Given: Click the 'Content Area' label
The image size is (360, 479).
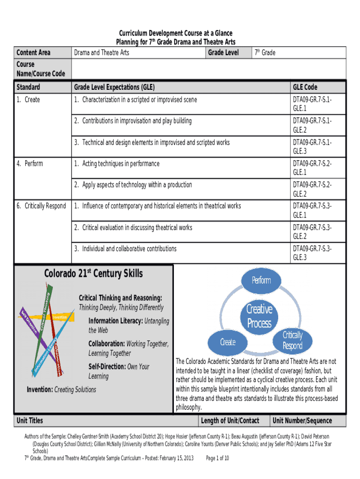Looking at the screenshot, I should pos(33,53).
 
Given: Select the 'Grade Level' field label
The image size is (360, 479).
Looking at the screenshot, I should pos(223,53).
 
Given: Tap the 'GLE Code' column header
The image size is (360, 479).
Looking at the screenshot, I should pos(305,87).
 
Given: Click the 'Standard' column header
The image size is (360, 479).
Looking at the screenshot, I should pos(28,87).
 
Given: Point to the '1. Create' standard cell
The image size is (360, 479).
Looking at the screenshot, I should pos(29,100).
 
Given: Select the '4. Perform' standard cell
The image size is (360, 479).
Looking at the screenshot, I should pos(29,164).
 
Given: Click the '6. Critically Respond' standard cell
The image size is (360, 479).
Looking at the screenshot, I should pos(41,206).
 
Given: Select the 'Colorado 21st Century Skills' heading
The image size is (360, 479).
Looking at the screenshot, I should pos(94,274).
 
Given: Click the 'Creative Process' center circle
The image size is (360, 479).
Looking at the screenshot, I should pos(259,316).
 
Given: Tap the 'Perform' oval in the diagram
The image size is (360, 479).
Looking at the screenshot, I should pos(261,280).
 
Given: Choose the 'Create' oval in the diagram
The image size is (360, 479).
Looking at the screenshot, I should pos(228,342).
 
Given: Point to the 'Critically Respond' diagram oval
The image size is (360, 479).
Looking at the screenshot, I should pos(293,341).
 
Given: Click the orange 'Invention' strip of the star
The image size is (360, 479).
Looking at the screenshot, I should pos(60,317).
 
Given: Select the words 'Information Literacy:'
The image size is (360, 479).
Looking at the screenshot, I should pos(115,321).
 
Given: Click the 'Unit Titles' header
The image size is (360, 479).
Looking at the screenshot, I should pos(29,421).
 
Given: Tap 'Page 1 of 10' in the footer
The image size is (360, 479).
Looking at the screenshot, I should pos(217,458).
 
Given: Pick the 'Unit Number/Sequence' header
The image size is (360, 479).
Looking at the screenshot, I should pos(302,421).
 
